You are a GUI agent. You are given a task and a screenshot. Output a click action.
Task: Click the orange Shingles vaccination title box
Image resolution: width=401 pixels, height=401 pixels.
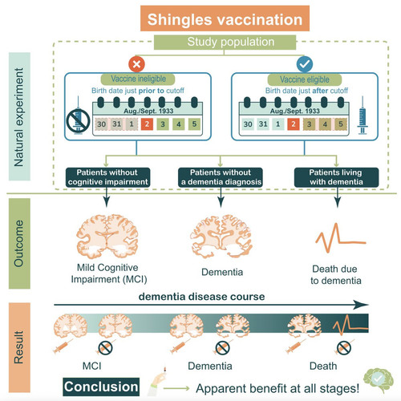point(225,18)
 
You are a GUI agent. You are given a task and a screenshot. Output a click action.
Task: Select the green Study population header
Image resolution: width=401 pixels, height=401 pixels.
point(225,43)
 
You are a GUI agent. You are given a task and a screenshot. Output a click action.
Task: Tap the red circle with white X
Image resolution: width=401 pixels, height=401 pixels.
point(136,64)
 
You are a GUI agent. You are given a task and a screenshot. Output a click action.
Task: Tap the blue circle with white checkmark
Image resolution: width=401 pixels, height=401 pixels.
point(305,64)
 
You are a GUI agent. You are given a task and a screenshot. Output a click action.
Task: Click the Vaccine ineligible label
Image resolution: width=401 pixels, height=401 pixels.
point(138,79)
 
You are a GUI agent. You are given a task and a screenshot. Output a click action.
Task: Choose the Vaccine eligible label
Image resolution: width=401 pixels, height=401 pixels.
point(305,79)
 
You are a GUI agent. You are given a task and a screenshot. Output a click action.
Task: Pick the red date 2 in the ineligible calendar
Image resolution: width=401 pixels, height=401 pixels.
point(147,124)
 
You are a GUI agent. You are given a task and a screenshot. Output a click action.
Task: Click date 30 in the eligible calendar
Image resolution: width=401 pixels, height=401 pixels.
point(248,124)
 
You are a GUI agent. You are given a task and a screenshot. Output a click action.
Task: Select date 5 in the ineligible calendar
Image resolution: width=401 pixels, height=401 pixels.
point(194,124)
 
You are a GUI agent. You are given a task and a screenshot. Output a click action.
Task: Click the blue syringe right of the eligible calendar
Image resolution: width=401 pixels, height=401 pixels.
point(363,115)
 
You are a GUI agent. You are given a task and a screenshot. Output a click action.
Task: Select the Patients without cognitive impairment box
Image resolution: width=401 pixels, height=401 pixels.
point(107,177)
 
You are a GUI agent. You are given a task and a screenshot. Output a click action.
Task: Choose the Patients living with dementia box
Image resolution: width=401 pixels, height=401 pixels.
point(336,177)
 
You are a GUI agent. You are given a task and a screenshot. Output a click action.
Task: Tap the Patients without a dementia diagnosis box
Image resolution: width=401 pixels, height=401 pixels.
point(221,177)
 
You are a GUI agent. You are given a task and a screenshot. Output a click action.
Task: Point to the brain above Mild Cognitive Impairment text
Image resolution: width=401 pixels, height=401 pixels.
point(107,237)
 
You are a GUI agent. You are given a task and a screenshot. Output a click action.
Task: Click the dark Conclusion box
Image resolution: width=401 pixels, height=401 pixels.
point(101,387)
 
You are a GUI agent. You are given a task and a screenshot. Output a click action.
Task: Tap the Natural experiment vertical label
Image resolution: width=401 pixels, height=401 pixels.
point(19,116)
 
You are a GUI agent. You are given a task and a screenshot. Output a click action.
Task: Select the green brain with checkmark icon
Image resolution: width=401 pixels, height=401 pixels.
point(379,379)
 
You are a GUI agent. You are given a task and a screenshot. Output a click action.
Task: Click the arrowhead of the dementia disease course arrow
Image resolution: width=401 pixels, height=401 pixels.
point(361,305)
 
